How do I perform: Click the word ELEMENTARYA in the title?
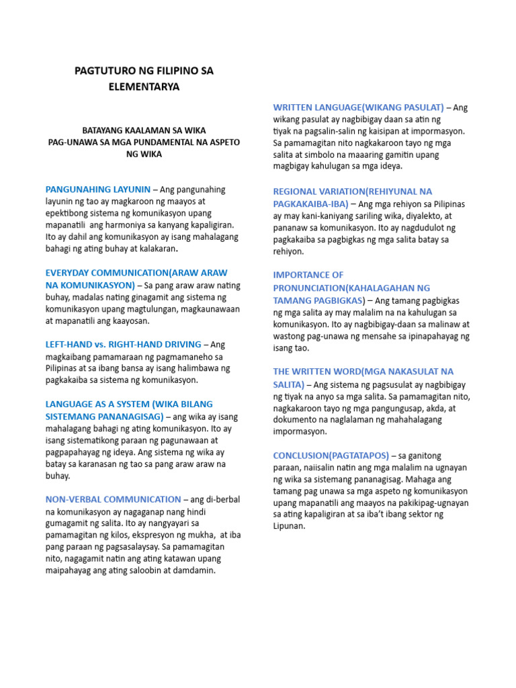[x=144, y=87]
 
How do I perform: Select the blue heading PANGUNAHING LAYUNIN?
[x=98, y=189]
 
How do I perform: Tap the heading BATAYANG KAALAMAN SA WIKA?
[x=144, y=130]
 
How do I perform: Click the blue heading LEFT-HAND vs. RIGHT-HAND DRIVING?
[x=123, y=344]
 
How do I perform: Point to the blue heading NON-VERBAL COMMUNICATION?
[x=113, y=499]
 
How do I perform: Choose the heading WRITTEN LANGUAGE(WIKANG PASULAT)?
[x=358, y=107]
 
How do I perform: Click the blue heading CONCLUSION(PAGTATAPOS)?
[x=331, y=455]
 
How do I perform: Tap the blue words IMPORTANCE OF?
[x=308, y=275]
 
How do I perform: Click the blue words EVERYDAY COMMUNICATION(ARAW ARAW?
[x=136, y=273]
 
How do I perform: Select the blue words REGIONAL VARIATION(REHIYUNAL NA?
[x=353, y=191]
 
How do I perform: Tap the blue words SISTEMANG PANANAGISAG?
[x=104, y=417]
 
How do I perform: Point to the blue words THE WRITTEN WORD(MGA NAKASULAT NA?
[x=363, y=372]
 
